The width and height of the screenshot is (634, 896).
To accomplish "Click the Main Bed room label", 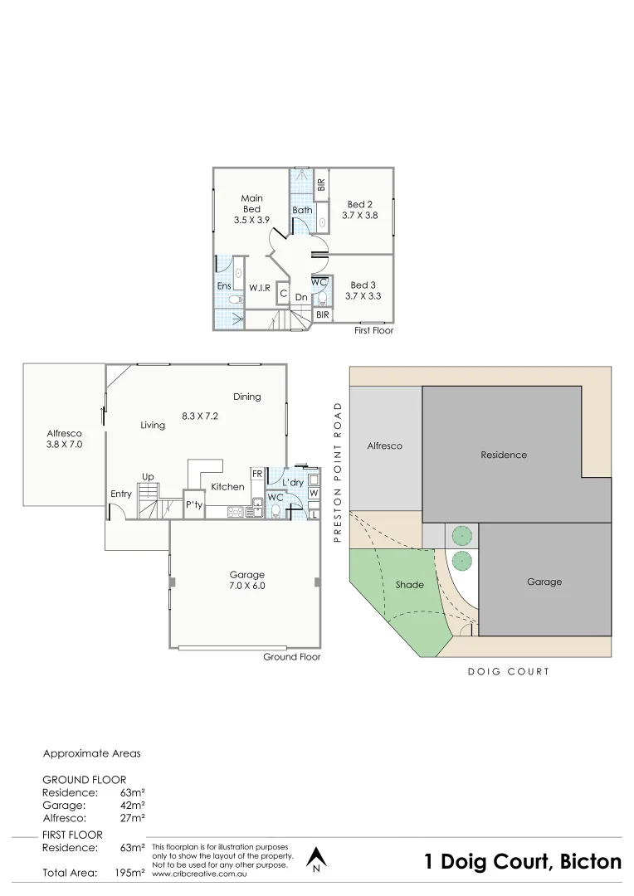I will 251,203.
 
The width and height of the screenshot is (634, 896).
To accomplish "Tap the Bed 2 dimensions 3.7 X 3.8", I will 359,215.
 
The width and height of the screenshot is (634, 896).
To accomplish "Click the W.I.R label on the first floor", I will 260,288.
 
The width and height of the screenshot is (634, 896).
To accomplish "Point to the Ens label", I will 223,286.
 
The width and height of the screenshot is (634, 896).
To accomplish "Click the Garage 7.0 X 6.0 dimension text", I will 246,586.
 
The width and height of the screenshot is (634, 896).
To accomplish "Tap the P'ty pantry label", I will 193,504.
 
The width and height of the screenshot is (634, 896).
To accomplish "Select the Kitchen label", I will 227,487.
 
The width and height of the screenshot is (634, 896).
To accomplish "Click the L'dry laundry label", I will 292,482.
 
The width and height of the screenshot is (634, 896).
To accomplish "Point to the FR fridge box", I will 257,474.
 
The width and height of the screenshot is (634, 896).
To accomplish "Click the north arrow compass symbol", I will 315,859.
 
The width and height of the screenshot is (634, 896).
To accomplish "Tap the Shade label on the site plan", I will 409,585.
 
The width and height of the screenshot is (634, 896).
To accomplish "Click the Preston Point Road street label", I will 338,472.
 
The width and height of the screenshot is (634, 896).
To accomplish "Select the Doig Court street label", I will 508,672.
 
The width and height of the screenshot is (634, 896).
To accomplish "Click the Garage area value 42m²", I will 133,805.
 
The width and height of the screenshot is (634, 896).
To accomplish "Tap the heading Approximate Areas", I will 91,754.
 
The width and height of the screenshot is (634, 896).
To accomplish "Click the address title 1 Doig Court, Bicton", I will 522,862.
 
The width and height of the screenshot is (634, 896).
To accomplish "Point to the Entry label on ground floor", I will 121,494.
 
